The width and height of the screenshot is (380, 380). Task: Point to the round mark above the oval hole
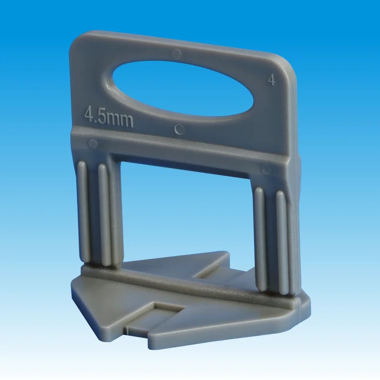(176, 54)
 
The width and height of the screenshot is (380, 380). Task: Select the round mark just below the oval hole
(180, 129)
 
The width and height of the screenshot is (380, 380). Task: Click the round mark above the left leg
(93, 143)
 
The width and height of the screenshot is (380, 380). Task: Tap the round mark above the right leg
(266, 169)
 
